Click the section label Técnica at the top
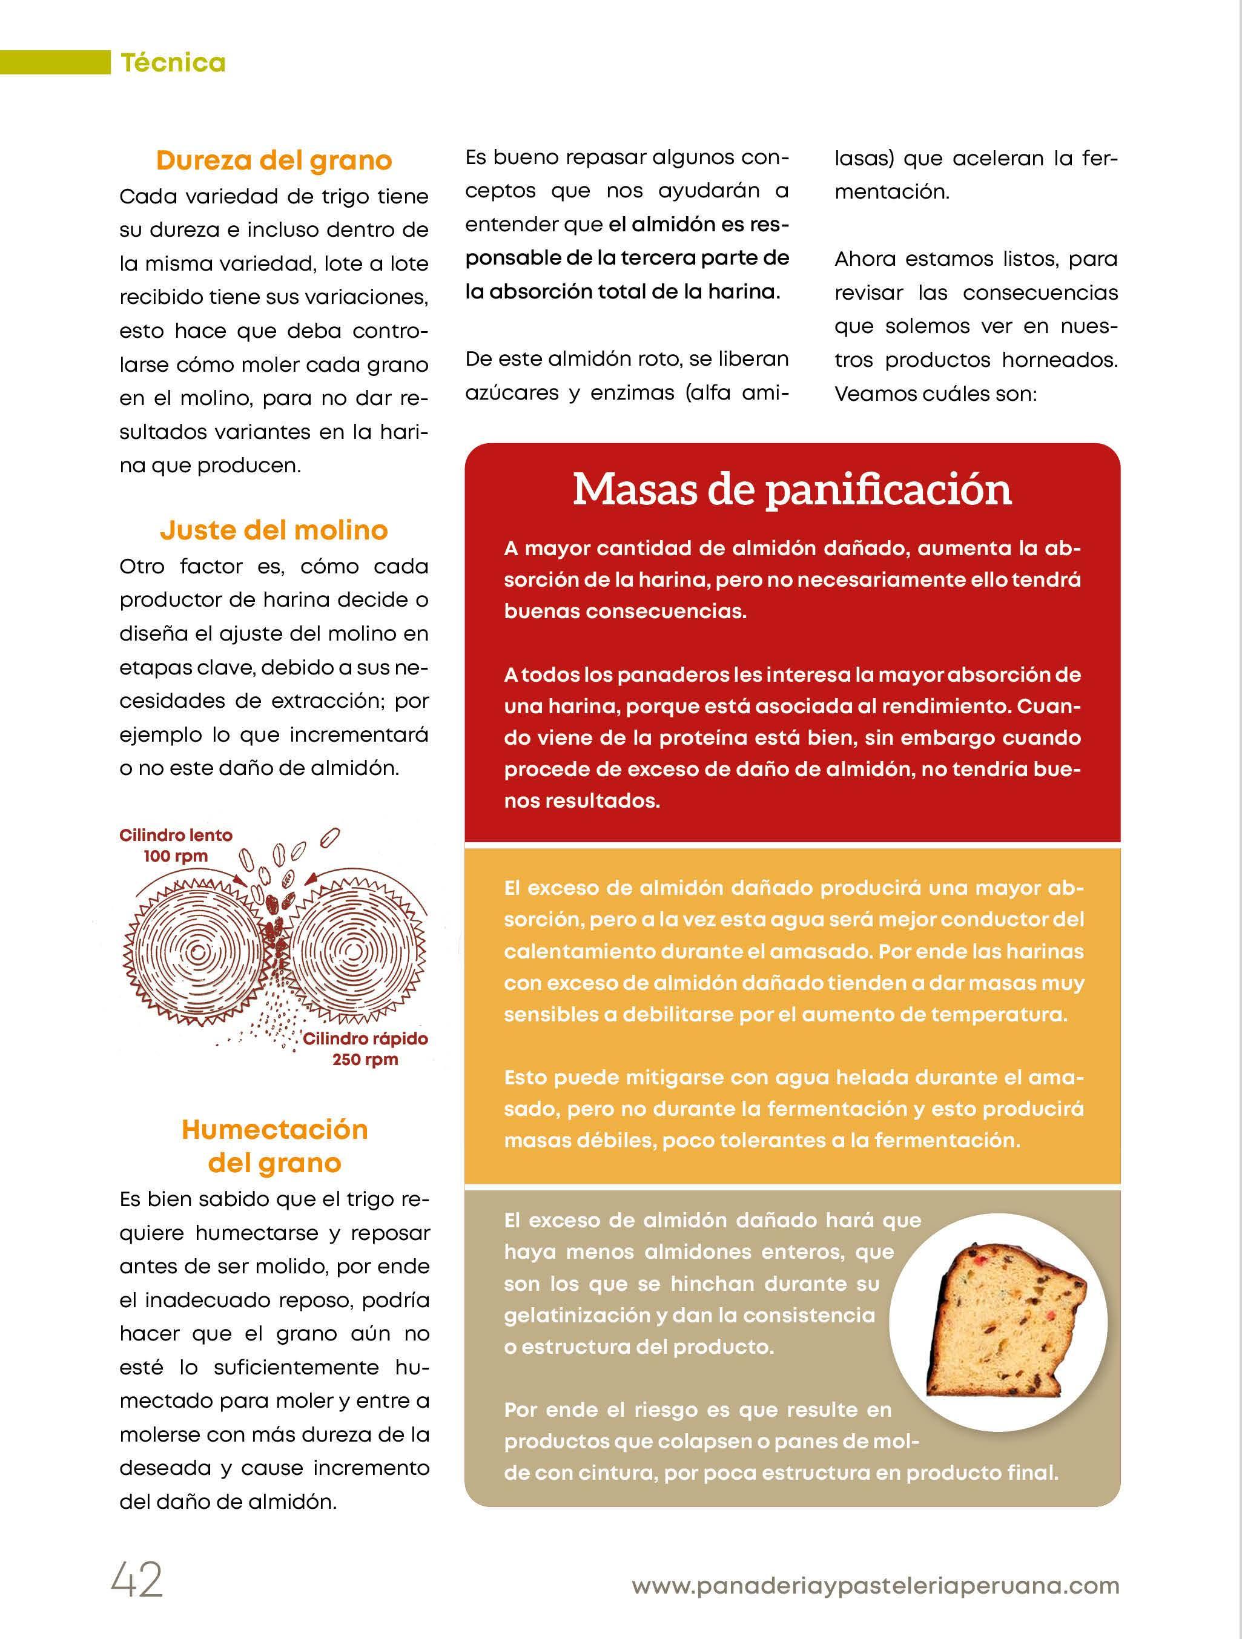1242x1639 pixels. tap(173, 63)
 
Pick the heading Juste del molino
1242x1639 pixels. tap(274, 530)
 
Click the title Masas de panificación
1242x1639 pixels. tap(792, 490)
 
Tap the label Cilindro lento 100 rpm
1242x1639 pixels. tap(176, 845)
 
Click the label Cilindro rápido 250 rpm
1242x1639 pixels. tap(365, 1049)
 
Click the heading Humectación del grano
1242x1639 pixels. tap(274, 1146)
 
